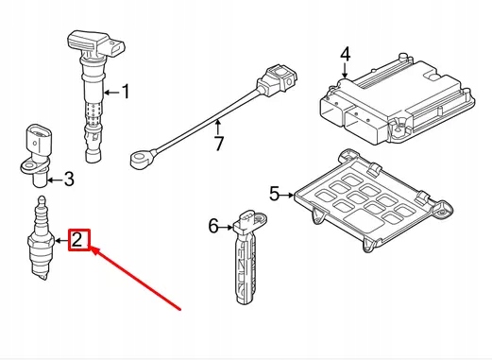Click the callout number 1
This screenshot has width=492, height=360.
pos(126,92)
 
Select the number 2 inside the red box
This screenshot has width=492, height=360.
pos(77,240)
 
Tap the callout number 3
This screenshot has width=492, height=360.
pos(69,180)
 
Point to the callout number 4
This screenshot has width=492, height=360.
pos(346,54)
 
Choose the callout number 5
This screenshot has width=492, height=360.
pos(275,194)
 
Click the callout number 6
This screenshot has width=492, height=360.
pos(213,226)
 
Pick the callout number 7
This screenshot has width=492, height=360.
pos(218,144)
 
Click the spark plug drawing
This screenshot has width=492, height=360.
pos(41,238)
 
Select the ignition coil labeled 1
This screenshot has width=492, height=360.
pos(94,94)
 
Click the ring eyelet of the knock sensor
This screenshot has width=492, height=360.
pos(138,159)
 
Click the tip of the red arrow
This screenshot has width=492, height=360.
pos(92,248)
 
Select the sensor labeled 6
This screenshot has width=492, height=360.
pos(247,257)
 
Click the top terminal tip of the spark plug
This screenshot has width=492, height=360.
pos(42,198)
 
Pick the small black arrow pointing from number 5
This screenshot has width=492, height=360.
pos(286,196)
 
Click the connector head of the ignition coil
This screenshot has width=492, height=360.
pos(96,44)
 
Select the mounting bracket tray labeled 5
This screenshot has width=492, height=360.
pos(373,201)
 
